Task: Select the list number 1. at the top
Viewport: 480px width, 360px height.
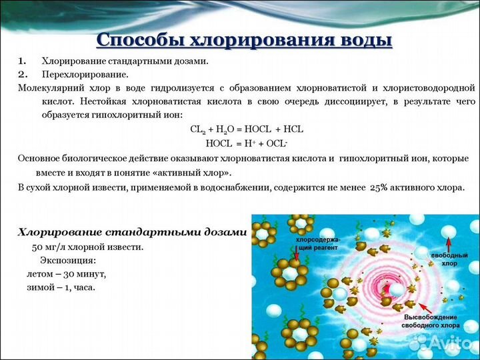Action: click(23, 61)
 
